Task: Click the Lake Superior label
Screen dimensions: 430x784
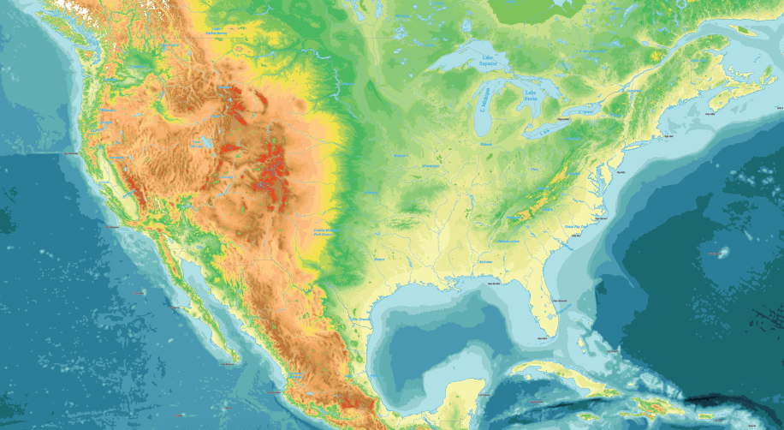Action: (487, 61)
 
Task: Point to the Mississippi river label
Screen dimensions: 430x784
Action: (430, 164)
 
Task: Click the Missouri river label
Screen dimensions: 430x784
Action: (399, 156)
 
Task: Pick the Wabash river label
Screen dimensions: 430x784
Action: (487, 145)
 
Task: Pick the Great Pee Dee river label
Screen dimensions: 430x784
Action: (573, 226)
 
